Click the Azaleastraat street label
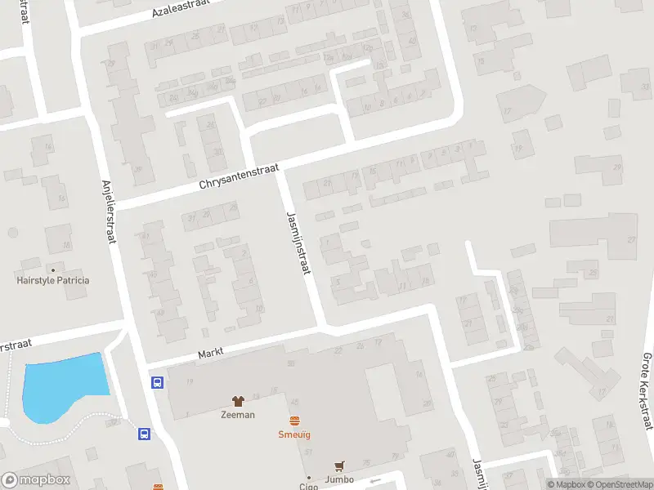click(x=181, y=9)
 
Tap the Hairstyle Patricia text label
click(x=53, y=280)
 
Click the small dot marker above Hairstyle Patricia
click(x=53, y=269)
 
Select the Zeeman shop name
click(x=238, y=414)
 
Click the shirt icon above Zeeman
click(x=238, y=401)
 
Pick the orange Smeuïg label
click(x=294, y=434)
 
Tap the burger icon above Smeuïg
click(x=294, y=421)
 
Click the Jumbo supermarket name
click(x=338, y=479)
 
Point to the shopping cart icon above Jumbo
click(x=338, y=466)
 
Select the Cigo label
click(x=308, y=487)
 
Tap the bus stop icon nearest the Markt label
click(x=156, y=382)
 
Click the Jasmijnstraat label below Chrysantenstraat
click(x=301, y=246)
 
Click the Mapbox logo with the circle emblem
click(x=36, y=480)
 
